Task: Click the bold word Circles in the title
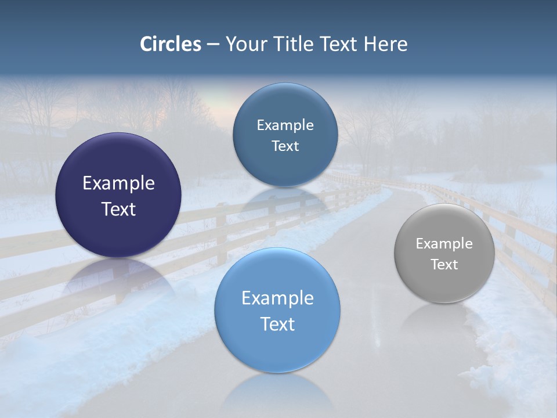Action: [x=171, y=44]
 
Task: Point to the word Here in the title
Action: [x=386, y=44]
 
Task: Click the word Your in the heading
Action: [x=244, y=44]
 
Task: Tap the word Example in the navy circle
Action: [x=118, y=183]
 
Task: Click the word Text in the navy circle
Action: [x=118, y=210]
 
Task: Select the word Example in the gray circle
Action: [x=444, y=244]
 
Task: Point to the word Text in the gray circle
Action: [x=444, y=265]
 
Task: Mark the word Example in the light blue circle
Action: [x=277, y=298]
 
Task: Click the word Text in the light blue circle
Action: [x=277, y=324]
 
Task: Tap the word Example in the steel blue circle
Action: [x=285, y=125]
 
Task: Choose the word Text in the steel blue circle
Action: [x=285, y=146]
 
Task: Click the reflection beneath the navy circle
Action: [x=118, y=279]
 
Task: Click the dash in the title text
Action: [x=213, y=44]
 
